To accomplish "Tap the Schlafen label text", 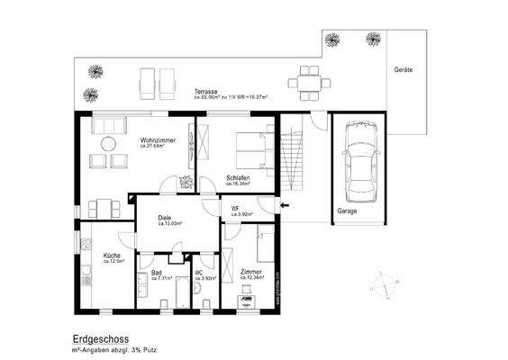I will (x=238, y=178).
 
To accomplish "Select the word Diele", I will (x=165, y=217).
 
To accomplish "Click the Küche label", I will (x=112, y=255).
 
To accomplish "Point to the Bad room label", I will (x=157, y=273).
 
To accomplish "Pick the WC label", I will (x=199, y=273).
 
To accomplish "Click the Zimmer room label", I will (x=252, y=271).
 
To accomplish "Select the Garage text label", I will (x=347, y=211).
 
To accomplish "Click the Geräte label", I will (x=403, y=68).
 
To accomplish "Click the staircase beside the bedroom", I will (x=293, y=158).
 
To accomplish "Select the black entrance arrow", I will (x=286, y=206).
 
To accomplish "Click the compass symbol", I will (x=385, y=283).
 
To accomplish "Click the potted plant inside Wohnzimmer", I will (x=186, y=182).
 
